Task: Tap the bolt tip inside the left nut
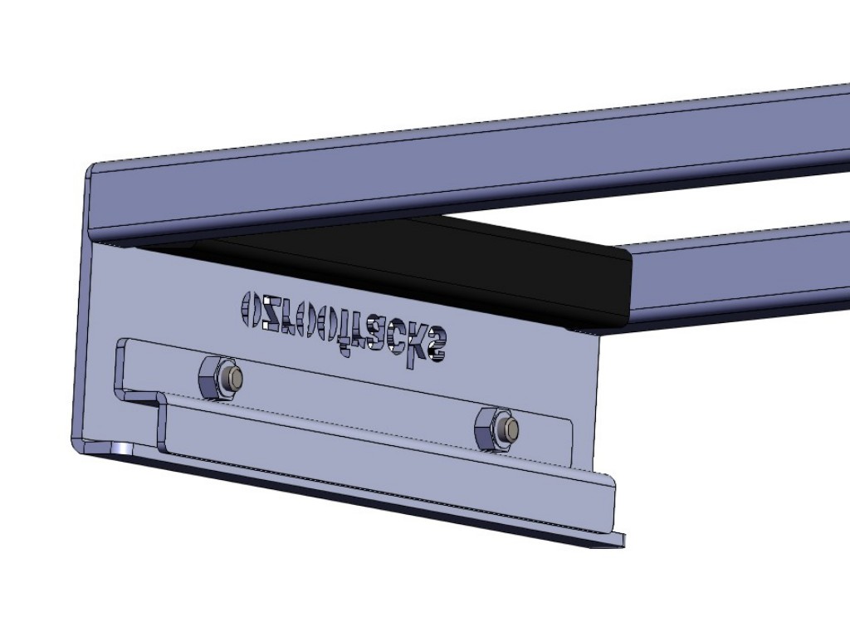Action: tap(236, 379)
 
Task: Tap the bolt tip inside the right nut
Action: tap(511, 429)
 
